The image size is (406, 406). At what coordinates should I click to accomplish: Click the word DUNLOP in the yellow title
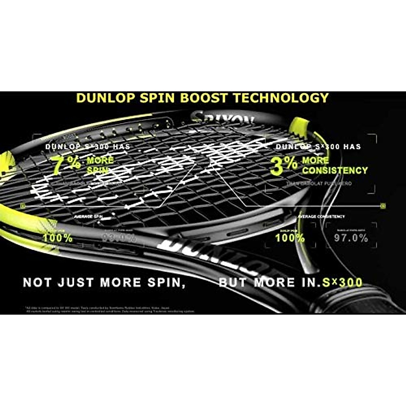coord(105,98)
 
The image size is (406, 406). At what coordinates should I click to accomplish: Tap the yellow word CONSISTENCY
coord(335,170)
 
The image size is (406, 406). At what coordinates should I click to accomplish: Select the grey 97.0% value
coord(351,238)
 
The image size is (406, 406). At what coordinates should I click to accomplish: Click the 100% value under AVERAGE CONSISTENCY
coord(290,238)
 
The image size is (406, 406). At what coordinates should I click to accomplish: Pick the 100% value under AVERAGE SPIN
coord(58,238)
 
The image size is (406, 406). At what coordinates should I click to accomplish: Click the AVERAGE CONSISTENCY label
coord(321,217)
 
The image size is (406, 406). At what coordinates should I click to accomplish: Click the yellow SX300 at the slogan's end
coord(342,283)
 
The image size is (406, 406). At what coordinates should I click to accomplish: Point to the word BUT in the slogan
coord(234,283)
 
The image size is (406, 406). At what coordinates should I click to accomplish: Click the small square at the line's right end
coord(383,205)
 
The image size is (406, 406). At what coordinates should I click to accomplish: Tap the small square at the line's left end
coord(23,205)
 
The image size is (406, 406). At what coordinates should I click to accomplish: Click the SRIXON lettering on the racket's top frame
coord(223,118)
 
